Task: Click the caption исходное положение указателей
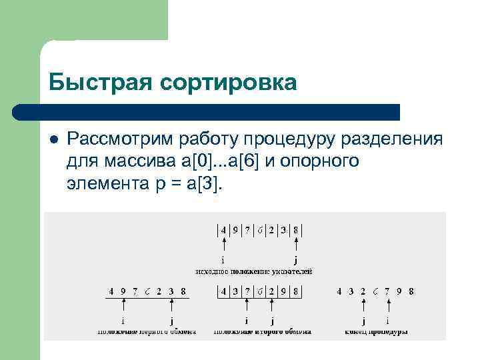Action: click(x=254, y=271)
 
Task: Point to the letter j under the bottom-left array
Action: click(x=172, y=321)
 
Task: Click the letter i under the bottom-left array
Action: click(x=124, y=321)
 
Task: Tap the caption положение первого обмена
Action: click(x=147, y=331)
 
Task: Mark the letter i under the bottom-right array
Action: click(x=387, y=321)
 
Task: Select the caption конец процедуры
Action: click(x=376, y=331)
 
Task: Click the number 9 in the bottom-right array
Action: click(x=399, y=291)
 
